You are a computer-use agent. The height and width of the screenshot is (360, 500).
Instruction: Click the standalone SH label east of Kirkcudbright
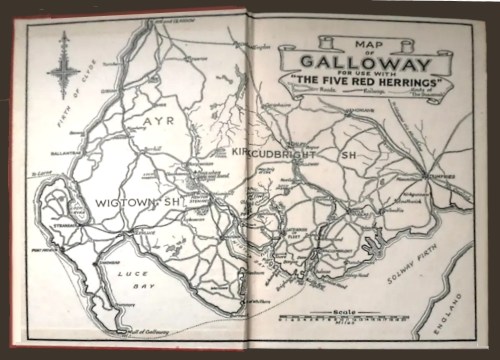point(347,156)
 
